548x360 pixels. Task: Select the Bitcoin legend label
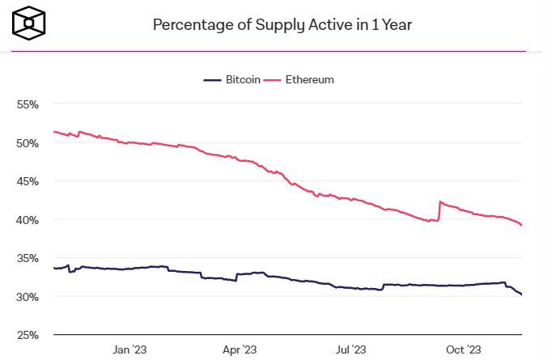(243, 80)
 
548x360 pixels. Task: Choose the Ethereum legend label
(310, 80)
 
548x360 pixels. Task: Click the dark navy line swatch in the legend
(212, 80)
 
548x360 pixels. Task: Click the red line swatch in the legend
(274, 80)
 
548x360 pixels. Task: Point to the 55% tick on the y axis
(28, 104)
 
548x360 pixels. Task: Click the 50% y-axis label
(28, 143)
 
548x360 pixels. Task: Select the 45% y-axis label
(28, 181)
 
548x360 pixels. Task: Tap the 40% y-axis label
(28, 220)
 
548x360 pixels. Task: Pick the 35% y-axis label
(28, 258)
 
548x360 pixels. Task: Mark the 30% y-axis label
(28, 297)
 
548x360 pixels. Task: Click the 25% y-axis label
(28, 335)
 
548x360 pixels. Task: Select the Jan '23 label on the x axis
(129, 349)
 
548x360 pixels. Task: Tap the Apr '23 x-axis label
(239, 349)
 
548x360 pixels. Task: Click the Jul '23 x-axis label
(351, 349)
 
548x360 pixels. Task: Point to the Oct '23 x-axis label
(463, 349)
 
